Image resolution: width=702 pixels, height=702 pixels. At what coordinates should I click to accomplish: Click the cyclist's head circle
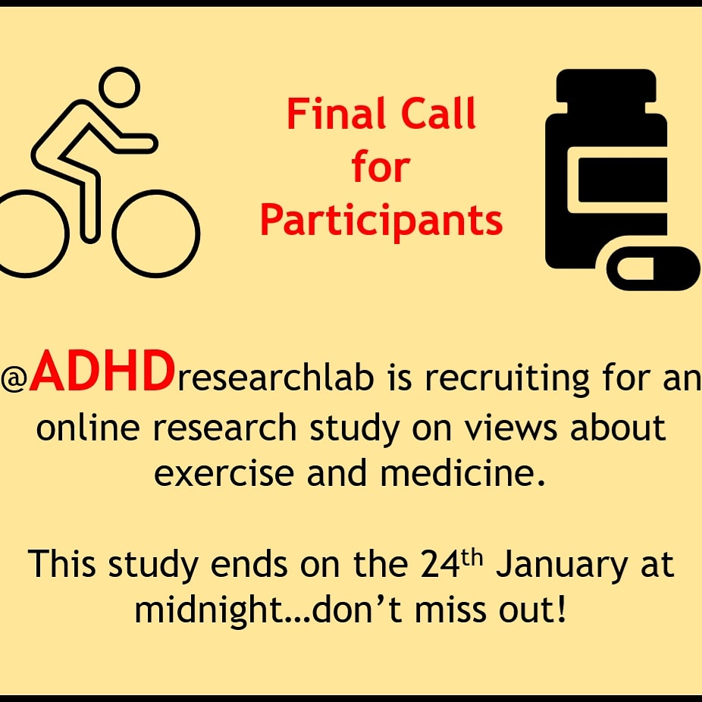point(119,89)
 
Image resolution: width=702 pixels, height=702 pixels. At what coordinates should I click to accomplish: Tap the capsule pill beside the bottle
point(653,268)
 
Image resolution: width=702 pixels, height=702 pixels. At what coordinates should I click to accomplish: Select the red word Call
point(440,114)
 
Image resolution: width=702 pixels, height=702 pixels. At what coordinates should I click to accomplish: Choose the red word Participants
point(381,220)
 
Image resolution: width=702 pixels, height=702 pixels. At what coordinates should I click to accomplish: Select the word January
point(553,566)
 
